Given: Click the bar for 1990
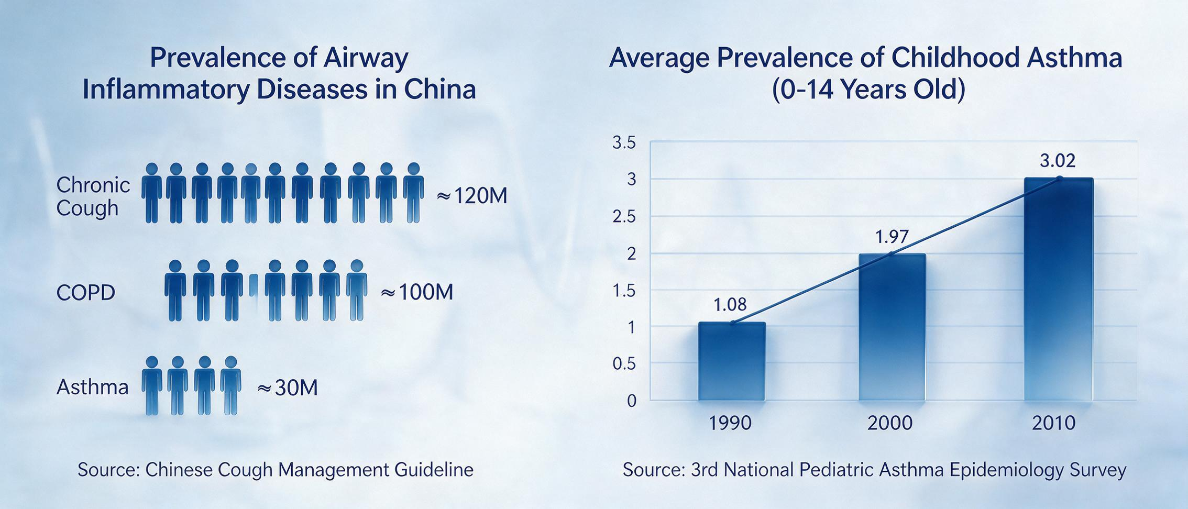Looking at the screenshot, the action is point(732,361).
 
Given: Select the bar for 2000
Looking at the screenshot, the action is point(892,327).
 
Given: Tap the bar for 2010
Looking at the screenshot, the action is point(1059,290).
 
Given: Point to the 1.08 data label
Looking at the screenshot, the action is point(730,304).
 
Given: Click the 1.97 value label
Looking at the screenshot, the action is point(892,237).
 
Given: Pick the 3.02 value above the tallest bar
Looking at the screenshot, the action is point(1058,161).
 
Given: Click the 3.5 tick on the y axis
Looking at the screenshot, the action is point(624,142).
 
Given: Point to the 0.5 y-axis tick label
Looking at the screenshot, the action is point(624,363).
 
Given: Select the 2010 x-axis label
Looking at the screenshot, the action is point(1053,423).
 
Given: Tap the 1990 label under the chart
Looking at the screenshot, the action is point(730,423).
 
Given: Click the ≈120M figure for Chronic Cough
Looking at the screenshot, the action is point(472,196).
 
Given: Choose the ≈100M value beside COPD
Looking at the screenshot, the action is point(417,292).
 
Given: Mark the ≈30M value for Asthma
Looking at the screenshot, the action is point(288,388).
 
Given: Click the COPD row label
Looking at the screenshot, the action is point(85,292).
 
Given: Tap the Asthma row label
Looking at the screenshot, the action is point(92,388).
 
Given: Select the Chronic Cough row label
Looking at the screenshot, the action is point(93,196).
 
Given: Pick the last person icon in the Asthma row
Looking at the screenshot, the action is point(230,385).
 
